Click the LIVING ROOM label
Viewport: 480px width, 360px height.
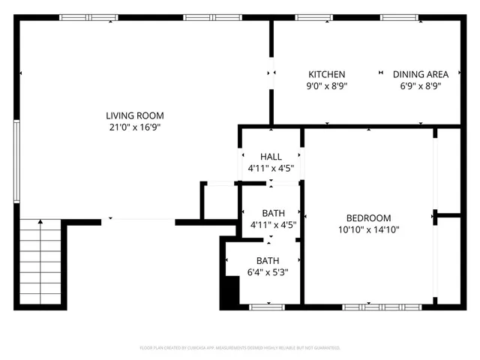click(134, 115)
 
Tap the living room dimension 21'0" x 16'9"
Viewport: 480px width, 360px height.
click(134, 127)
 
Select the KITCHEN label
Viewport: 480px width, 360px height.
click(327, 74)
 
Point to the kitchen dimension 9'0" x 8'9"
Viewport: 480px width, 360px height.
click(327, 86)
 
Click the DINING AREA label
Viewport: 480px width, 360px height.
click(421, 74)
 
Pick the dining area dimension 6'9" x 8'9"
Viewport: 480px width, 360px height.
click(421, 86)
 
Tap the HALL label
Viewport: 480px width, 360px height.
click(271, 157)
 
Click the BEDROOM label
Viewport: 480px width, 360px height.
click(368, 218)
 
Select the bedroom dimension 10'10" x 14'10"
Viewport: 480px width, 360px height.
click(368, 230)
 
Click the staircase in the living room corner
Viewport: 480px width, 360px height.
click(40, 263)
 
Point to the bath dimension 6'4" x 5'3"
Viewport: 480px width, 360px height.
click(268, 272)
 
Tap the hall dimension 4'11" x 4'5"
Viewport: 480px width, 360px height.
click(271, 169)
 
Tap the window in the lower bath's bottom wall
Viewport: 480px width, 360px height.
click(267, 307)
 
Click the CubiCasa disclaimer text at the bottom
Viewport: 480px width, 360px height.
click(240, 348)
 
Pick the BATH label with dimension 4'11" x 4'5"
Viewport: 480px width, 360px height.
click(273, 213)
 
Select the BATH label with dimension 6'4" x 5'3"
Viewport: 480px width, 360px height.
click(268, 260)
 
